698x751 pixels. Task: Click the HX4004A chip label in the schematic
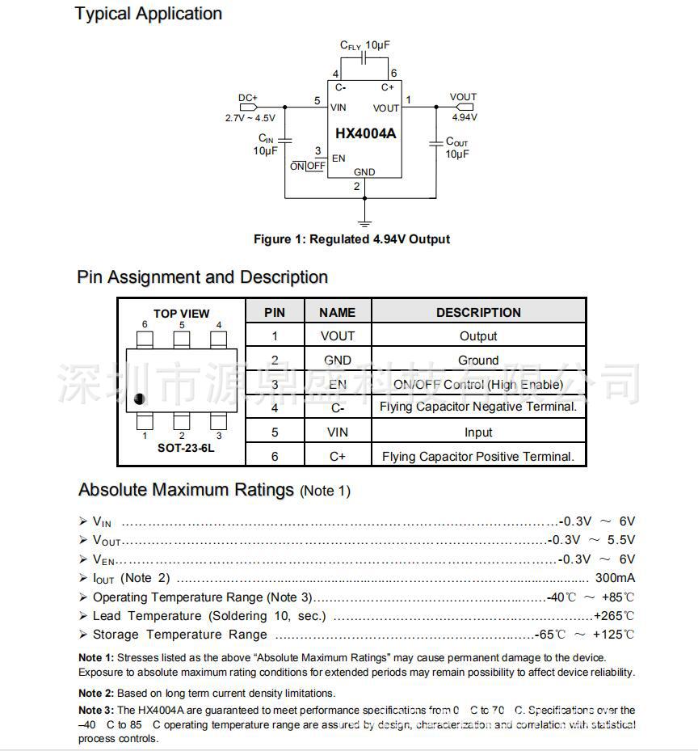365,133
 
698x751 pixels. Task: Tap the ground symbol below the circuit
364,221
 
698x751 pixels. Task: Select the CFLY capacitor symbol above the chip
364,59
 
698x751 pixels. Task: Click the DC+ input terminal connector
248,107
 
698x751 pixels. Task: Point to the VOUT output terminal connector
466,107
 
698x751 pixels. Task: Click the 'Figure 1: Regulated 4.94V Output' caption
351,239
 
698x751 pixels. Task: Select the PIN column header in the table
275,313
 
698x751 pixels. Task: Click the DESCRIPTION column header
478,313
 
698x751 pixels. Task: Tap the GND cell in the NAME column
338,361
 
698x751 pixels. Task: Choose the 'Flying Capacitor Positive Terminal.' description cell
478,457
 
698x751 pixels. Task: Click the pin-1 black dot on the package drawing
140,398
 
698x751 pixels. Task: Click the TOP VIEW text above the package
182,314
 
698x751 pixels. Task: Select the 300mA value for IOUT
615,578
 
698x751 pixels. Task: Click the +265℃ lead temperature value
614,616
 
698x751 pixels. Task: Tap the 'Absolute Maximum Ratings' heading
186,490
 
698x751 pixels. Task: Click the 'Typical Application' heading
149,14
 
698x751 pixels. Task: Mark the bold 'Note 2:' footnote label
96,693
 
